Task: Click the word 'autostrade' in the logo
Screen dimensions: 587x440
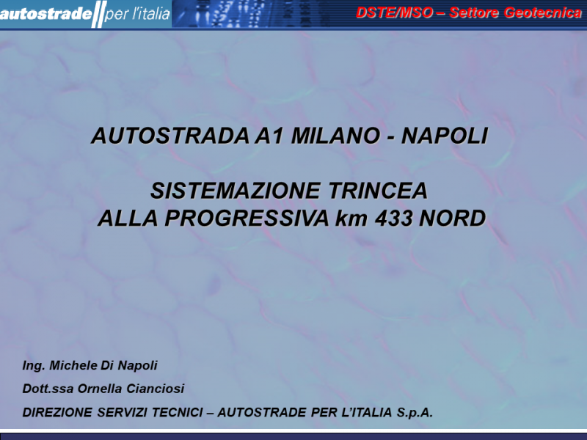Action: (x=45, y=14)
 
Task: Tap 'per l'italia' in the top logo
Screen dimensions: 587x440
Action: (x=137, y=14)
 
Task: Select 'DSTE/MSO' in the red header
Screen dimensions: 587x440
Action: (x=394, y=12)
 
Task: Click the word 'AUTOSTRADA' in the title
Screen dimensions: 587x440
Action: (x=170, y=136)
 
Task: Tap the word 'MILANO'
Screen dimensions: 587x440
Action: (x=335, y=136)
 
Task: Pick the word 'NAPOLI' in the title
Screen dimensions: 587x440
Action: (x=445, y=136)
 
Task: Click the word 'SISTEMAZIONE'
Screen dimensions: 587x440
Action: (x=236, y=191)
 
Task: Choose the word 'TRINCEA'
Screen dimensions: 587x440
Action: (x=378, y=191)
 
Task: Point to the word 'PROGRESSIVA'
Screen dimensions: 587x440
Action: (x=247, y=219)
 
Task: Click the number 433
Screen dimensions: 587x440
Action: (x=393, y=219)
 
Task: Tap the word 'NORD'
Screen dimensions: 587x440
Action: (x=452, y=219)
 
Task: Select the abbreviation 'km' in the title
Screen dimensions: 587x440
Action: (x=351, y=219)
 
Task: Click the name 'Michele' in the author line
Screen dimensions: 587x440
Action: (x=72, y=365)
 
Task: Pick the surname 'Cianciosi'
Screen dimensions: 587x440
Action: (x=156, y=389)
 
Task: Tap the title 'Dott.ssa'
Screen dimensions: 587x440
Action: (x=48, y=389)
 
